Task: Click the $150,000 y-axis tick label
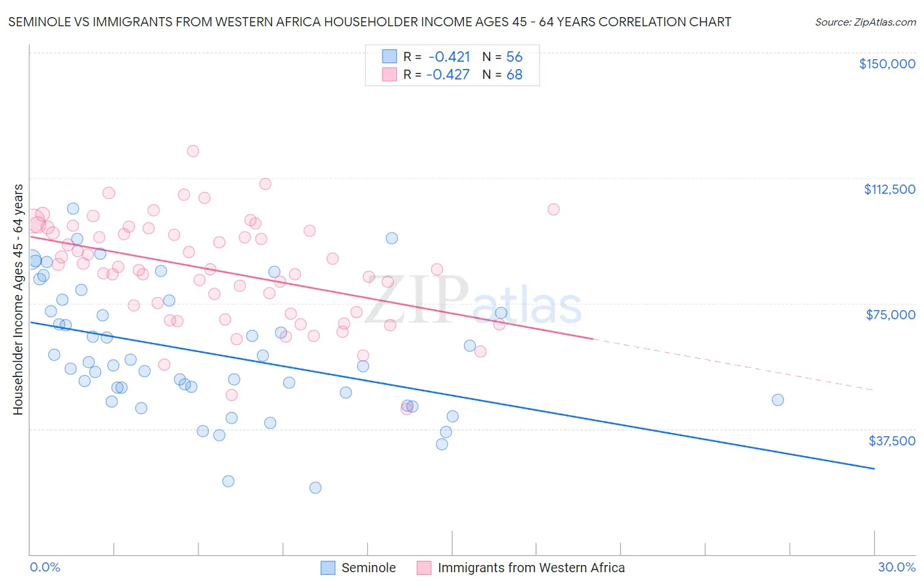click(887, 64)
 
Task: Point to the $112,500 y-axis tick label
click(889, 189)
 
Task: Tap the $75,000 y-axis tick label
click(890, 315)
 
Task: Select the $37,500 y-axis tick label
click(892, 441)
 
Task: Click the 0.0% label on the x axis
click(45, 567)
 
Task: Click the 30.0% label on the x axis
click(896, 567)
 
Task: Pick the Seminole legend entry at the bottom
click(368, 568)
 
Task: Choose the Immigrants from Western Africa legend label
click(531, 568)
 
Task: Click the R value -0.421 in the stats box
click(449, 57)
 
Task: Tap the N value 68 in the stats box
click(514, 75)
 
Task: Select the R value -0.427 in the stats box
click(448, 75)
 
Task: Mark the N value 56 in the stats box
click(514, 57)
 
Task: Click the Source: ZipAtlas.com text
click(865, 22)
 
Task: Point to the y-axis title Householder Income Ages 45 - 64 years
click(18, 300)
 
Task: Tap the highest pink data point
click(193, 151)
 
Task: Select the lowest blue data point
click(315, 487)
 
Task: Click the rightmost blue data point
click(777, 400)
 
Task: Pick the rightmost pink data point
click(553, 210)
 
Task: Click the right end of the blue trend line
click(874, 468)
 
